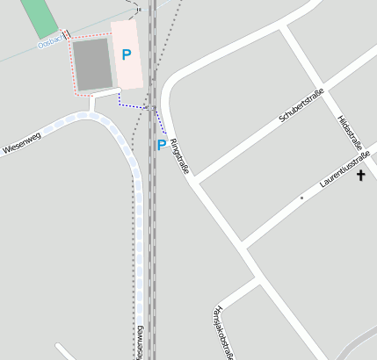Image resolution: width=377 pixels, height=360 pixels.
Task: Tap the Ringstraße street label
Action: pos(179,155)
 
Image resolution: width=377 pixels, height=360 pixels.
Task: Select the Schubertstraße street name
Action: pos(302,104)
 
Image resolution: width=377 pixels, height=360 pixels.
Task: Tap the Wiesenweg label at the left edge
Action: pos(21,143)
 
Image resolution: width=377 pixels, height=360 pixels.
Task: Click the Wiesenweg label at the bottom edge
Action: pos(139,342)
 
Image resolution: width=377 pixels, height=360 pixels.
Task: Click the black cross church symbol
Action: pos(360,176)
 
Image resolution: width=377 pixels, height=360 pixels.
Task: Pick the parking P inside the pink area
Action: pos(127,54)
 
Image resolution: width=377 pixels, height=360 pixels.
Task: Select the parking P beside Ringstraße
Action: pos(161,145)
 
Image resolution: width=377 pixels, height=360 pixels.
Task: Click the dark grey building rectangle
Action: pos(91,64)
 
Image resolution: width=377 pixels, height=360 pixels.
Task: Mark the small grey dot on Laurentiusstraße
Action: pos(301,198)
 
